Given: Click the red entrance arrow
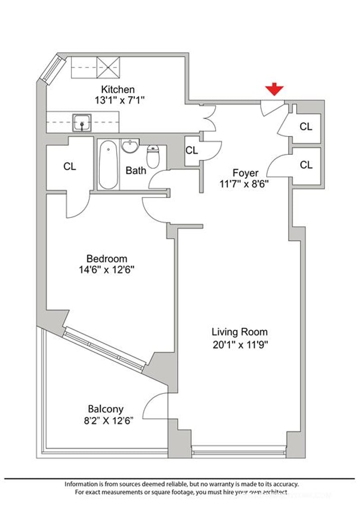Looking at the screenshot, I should (x=274, y=90).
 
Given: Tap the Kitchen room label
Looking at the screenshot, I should (x=117, y=89).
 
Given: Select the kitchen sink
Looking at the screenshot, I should (x=82, y=122).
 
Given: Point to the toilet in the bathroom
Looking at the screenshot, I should (x=153, y=156).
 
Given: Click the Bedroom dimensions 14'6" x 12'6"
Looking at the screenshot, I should (x=106, y=270).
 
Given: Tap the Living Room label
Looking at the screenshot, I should (x=239, y=332).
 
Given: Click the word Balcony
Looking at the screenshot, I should (x=106, y=409).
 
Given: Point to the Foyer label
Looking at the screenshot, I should (x=245, y=172).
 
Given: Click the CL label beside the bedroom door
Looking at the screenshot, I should (x=69, y=167).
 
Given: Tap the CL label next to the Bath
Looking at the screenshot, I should (x=192, y=150).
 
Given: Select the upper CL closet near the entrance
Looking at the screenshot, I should (x=306, y=127).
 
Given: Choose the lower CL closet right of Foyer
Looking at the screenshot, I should (x=306, y=165).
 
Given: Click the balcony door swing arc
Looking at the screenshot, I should (x=153, y=405).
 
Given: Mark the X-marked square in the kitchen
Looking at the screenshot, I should (x=108, y=68).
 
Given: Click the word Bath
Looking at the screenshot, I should (x=135, y=171).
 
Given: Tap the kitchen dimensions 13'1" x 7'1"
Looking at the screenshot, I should (x=119, y=100).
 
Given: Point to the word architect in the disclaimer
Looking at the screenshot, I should (x=272, y=493).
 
